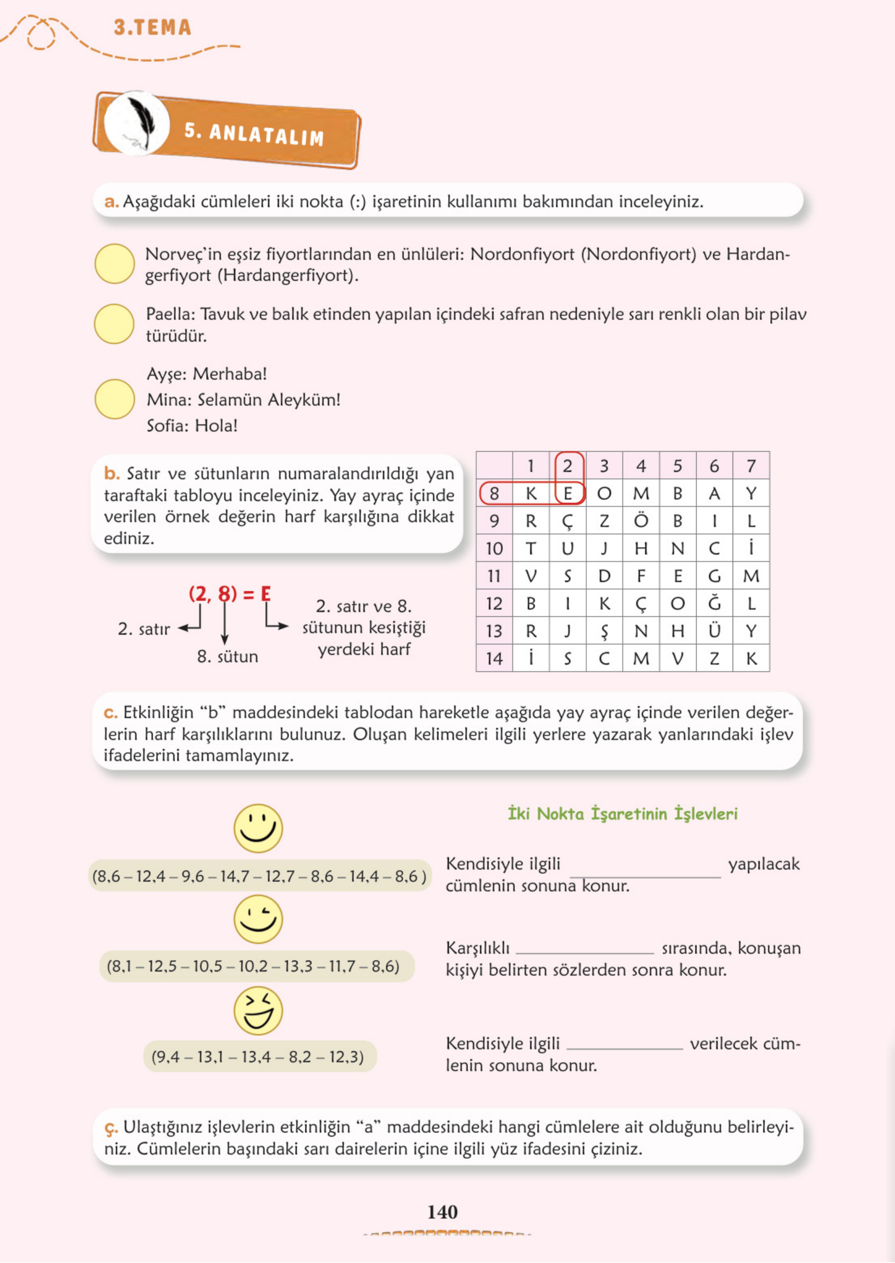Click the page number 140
coord(442,1211)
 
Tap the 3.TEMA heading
coord(152,28)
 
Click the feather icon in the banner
coord(138,123)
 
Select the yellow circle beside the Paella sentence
coord(114,324)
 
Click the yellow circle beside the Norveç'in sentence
coord(114,263)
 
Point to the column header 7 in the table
coord(750,466)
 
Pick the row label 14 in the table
coord(494,658)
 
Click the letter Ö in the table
coord(640,520)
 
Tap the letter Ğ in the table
coord(714,603)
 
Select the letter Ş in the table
coord(604,630)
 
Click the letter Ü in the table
coord(714,630)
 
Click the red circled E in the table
coord(568,493)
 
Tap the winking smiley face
coord(258,919)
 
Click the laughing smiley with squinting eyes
coord(258,1010)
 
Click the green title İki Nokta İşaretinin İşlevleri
coord(622,814)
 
